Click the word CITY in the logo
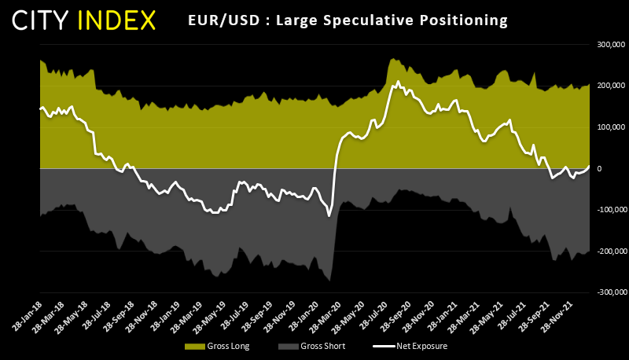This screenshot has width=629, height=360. coord(49,20)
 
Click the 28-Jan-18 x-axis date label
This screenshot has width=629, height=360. coord(27,313)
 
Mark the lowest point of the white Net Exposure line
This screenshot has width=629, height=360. coord(329,216)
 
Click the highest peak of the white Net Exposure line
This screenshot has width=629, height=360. coord(398,81)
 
